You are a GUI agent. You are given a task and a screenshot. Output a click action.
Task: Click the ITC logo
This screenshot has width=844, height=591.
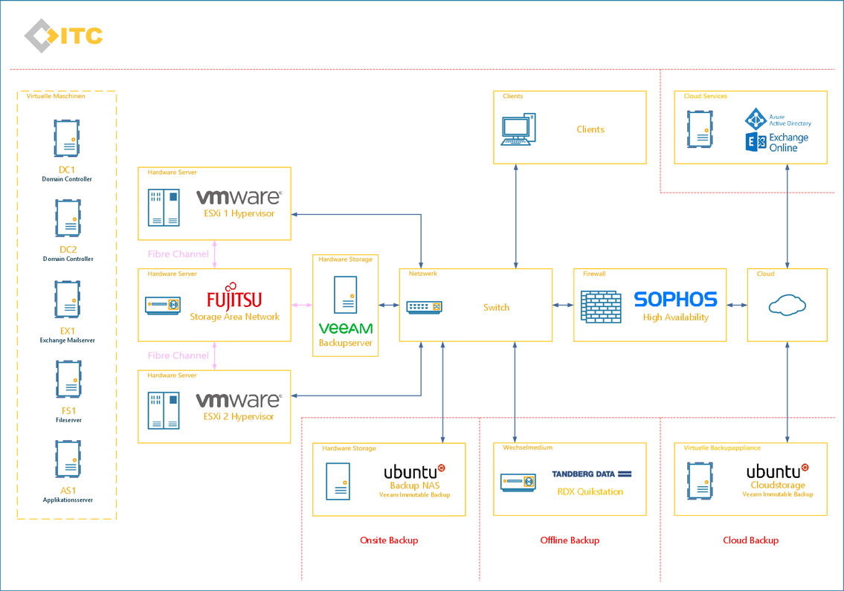(63, 36)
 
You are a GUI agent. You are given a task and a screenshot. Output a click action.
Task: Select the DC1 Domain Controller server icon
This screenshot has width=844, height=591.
(67, 138)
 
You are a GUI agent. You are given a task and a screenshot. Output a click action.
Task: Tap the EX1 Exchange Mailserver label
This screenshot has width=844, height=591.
(67, 335)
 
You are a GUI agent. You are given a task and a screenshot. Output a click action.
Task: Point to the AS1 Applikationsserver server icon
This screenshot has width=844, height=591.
(68, 459)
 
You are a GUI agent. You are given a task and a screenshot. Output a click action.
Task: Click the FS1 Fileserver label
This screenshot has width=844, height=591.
(68, 415)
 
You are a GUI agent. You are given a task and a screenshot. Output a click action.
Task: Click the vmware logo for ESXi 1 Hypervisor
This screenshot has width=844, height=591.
(239, 197)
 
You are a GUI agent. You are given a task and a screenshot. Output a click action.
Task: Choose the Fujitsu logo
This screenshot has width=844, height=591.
(234, 297)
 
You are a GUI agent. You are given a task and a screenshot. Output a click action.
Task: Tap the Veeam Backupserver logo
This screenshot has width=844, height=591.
(346, 328)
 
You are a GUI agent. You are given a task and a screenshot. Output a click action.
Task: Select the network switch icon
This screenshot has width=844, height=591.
(424, 307)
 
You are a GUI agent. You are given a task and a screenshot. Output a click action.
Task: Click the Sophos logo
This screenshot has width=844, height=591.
(675, 300)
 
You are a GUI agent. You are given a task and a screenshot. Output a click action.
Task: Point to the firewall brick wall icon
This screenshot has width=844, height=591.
(602, 307)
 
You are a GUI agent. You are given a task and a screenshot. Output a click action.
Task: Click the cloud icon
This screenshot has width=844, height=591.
(787, 305)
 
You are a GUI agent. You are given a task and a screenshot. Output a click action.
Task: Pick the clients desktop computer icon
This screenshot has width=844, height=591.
(518, 129)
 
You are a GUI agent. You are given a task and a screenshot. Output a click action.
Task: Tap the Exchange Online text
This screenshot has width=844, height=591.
(788, 143)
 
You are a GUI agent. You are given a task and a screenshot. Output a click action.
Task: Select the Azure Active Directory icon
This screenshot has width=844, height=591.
(756, 118)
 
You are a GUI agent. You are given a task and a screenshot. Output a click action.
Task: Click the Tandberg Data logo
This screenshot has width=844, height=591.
(592, 474)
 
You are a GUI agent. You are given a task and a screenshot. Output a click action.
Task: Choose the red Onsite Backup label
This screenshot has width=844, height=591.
(389, 540)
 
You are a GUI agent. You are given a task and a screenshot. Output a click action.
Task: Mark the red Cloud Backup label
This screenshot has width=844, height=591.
(751, 540)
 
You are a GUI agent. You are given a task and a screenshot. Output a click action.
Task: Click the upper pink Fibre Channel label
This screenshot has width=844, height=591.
(178, 254)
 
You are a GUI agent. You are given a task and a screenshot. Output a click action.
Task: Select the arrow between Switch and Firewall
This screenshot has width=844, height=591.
(563, 306)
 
